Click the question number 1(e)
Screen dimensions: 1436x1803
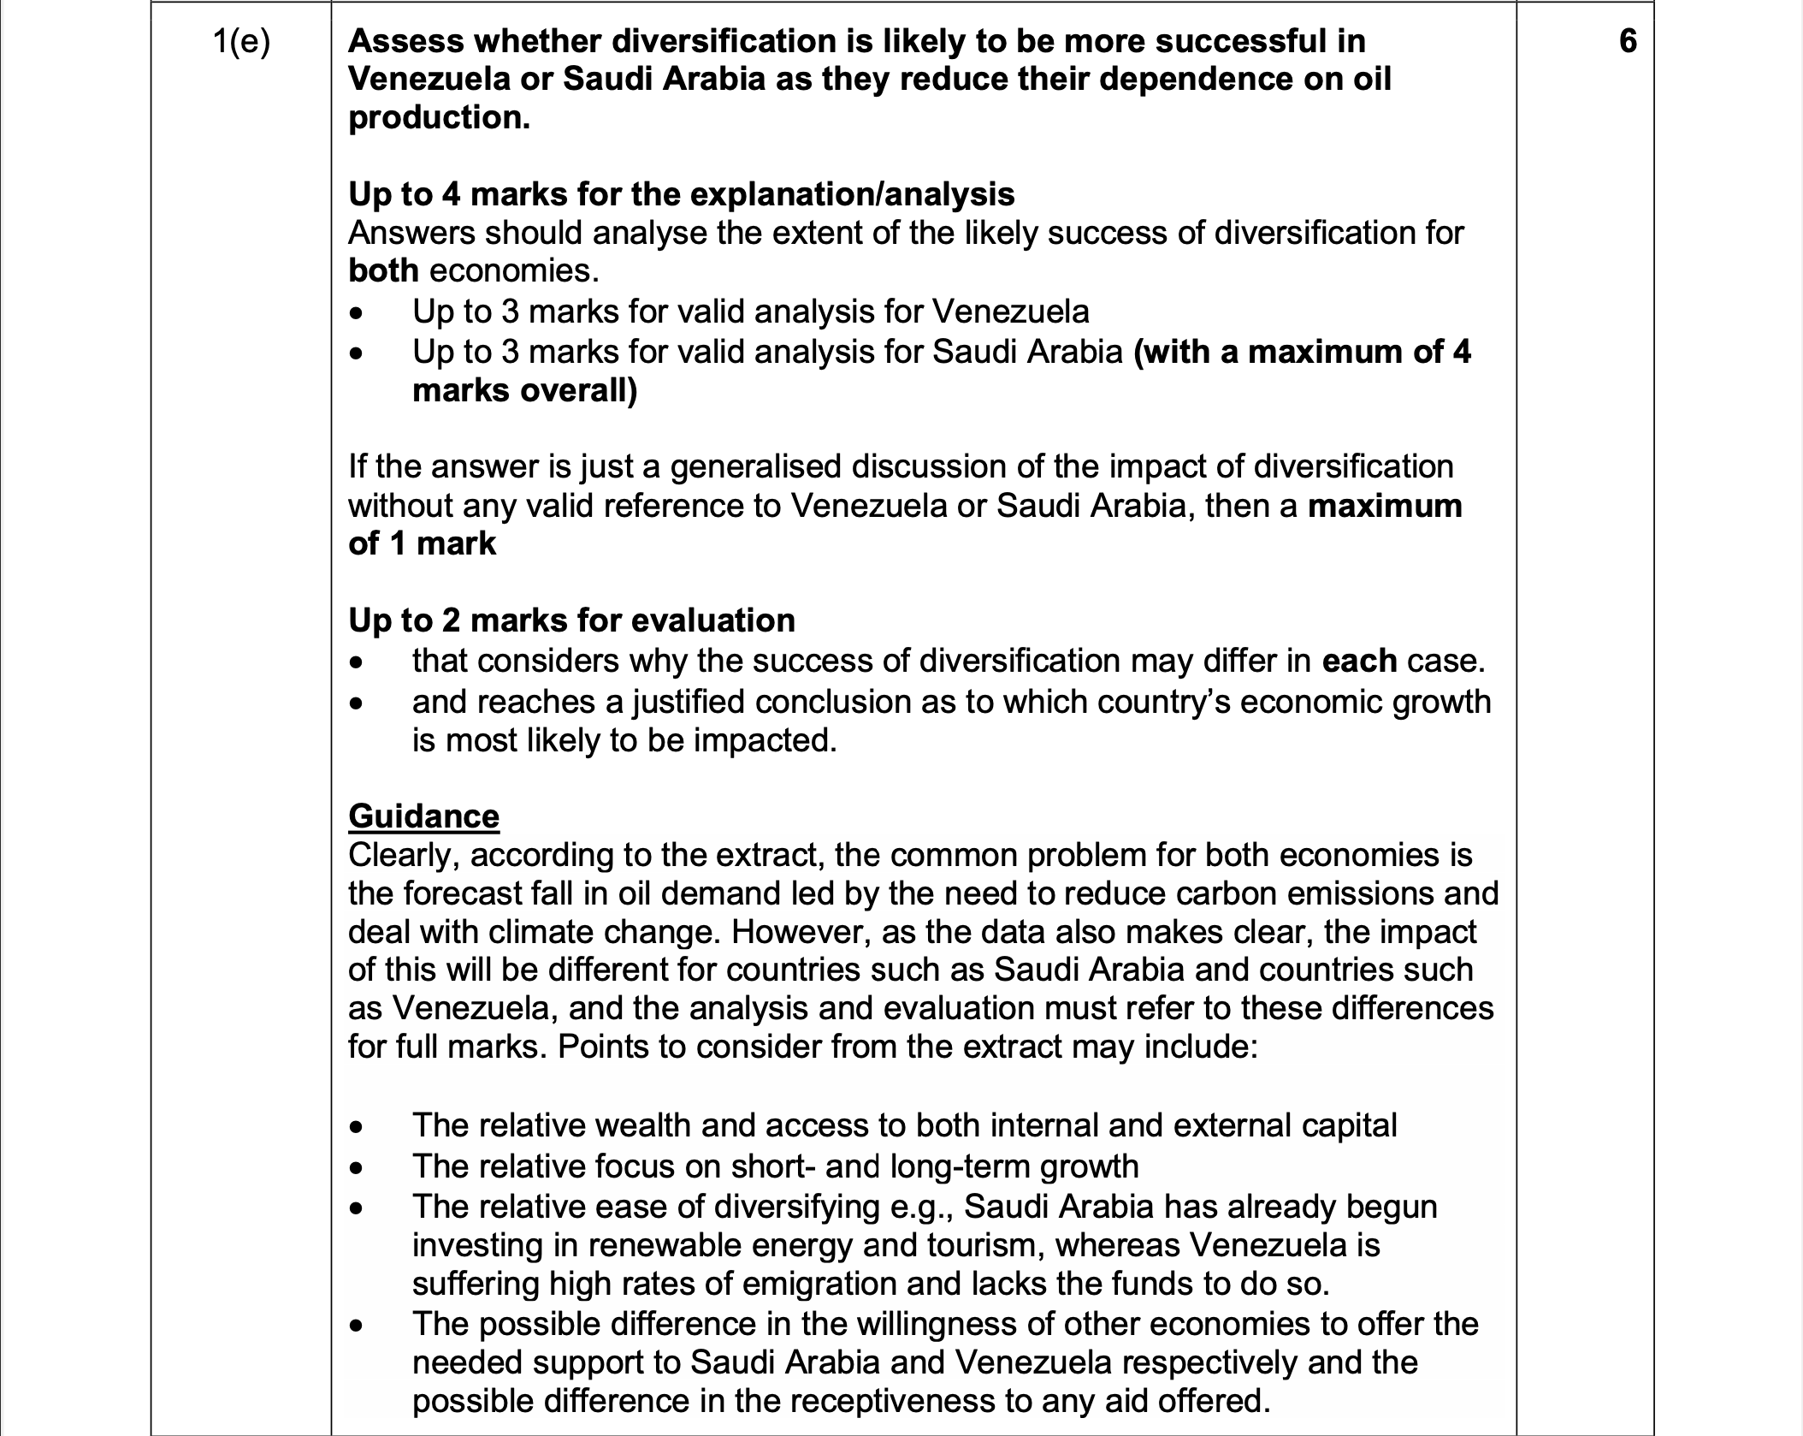point(240,42)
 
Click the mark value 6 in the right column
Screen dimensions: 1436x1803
point(1628,41)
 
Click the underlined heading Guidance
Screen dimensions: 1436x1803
point(423,816)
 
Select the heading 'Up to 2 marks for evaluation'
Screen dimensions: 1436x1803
point(571,620)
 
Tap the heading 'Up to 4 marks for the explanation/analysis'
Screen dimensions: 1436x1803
point(681,194)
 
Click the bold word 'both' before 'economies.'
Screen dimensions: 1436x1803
point(383,270)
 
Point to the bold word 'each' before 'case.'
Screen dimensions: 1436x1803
point(1359,661)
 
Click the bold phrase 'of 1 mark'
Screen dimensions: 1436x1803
point(422,543)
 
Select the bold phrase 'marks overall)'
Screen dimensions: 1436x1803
point(524,390)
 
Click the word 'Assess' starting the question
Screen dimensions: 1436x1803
point(405,41)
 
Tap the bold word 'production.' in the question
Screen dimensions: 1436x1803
point(439,117)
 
